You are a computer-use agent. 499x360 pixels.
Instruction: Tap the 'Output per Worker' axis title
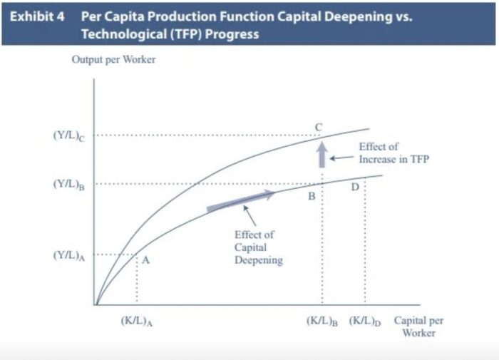click(x=113, y=59)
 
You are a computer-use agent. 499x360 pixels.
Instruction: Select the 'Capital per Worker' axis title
click(x=418, y=326)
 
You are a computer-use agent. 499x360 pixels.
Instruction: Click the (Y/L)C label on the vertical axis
click(x=69, y=135)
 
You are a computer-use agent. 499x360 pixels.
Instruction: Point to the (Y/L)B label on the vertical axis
click(x=69, y=184)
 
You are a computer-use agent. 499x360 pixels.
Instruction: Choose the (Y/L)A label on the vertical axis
click(x=69, y=255)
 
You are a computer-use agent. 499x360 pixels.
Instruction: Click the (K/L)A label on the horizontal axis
click(x=137, y=321)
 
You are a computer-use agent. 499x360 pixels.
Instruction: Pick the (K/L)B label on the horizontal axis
click(x=321, y=321)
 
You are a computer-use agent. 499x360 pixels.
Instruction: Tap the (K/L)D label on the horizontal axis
click(x=365, y=321)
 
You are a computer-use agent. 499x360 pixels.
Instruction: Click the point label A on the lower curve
click(x=145, y=261)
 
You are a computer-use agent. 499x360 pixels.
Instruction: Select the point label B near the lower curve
click(x=312, y=196)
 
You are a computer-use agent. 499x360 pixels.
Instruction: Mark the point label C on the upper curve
click(x=319, y=128)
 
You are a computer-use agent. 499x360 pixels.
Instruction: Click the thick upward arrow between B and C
click(x=321, y=154)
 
